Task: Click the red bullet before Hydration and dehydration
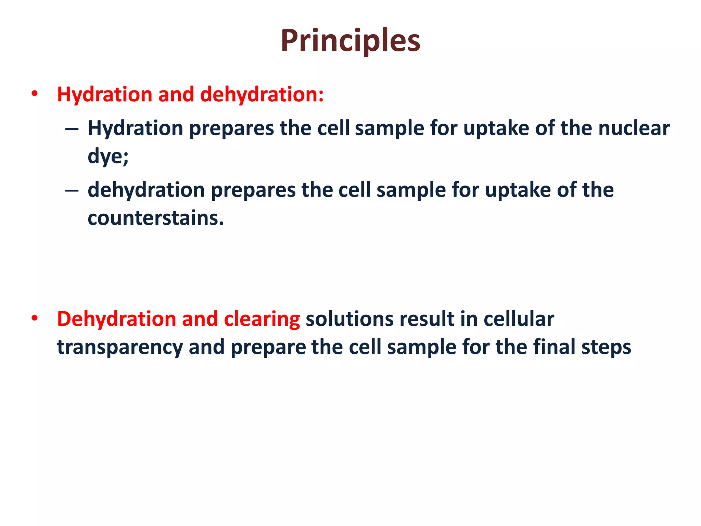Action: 34,93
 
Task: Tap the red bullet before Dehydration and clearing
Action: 34,318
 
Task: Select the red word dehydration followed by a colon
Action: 262,94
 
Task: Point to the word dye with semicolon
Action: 108,157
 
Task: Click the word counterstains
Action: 156,218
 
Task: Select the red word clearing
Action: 262,319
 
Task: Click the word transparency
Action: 120,347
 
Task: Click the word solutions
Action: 349,319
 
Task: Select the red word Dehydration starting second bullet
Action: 116,319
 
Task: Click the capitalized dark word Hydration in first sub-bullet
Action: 136,128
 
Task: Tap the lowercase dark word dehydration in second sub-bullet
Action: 146,190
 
